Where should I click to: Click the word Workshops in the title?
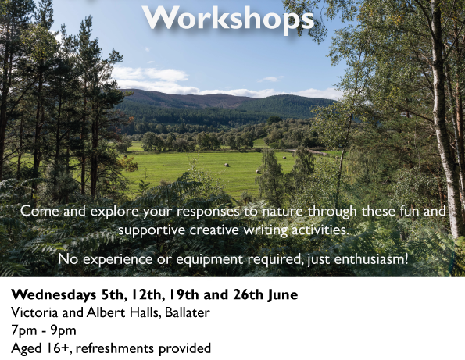pos(228,18)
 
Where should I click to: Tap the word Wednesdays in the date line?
pos(54,295)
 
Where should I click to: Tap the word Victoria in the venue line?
pos(34,312)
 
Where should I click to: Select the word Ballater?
pos(188,312)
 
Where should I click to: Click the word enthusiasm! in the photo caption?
pos(371,259)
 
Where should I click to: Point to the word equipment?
pos(209,259)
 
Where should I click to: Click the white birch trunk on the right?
pos(442,119)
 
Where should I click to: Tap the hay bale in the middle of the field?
pos(227,165)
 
